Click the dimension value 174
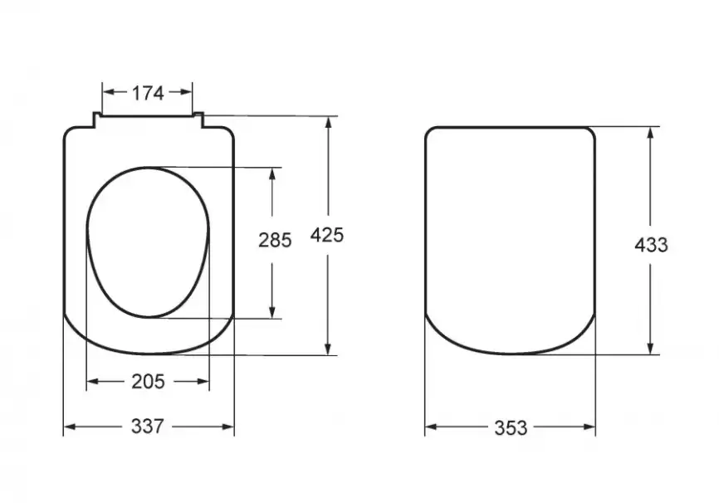coord(148,94)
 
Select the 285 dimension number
coord(275,240)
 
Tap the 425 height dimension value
coord(327,235)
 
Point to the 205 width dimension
coord(148,381)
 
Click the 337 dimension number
coord(147,427)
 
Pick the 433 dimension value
coord(651,246)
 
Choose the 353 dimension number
coord(511,428)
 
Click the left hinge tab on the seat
coord(97,120)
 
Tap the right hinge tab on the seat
coord(198,120)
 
